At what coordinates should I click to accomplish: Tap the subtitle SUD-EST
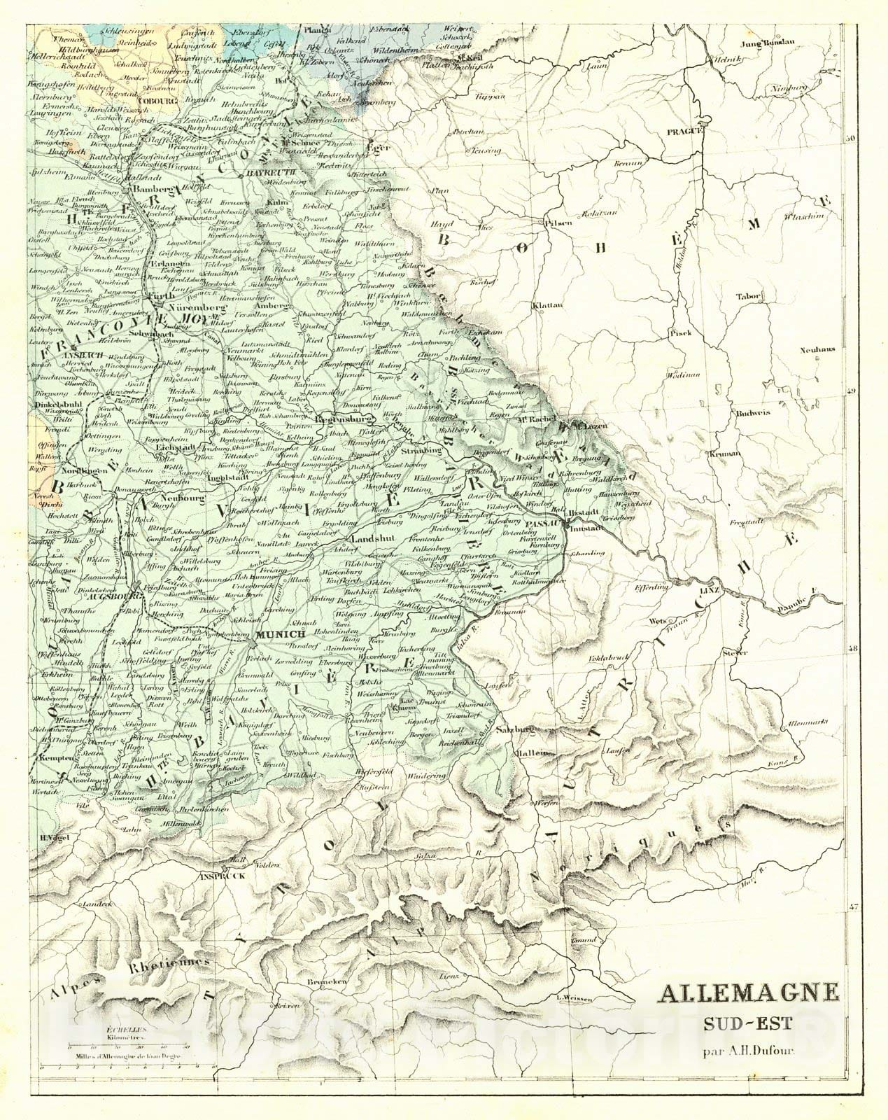(747, 1024)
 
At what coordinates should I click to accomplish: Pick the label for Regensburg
(342, 420)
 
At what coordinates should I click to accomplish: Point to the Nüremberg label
(199, 307)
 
